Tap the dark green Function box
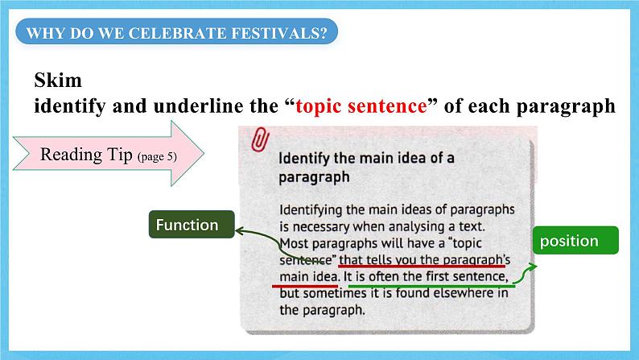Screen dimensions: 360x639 click(x=188, y=226)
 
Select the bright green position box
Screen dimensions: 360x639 click(x=569, y=241)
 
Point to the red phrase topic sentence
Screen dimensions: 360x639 click(x=361, y=106)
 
